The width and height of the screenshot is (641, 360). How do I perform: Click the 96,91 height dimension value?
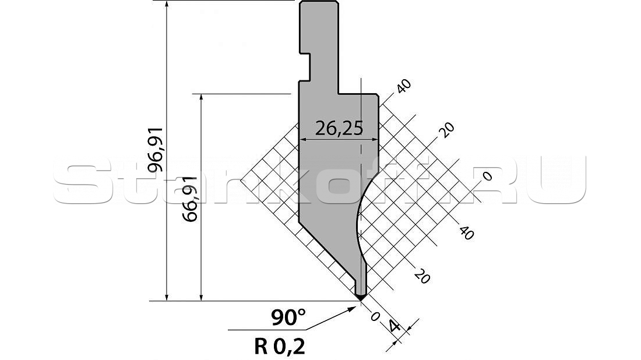pos(156,149)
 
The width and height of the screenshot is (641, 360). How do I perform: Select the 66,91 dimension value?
pos(191,199)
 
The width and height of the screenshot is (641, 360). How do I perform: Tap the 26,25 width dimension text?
pos(339,129)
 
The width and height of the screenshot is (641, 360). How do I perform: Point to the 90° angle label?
pos(288,317)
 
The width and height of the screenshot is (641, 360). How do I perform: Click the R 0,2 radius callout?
pos(279,347)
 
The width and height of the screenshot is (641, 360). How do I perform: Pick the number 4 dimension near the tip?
pos(394,326)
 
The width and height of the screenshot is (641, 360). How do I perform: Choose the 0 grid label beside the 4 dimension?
pos(375,317)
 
